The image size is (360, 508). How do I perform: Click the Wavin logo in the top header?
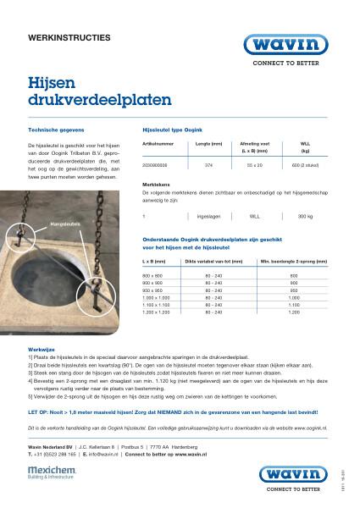285,45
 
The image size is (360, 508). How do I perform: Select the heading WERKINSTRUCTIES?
69,39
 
